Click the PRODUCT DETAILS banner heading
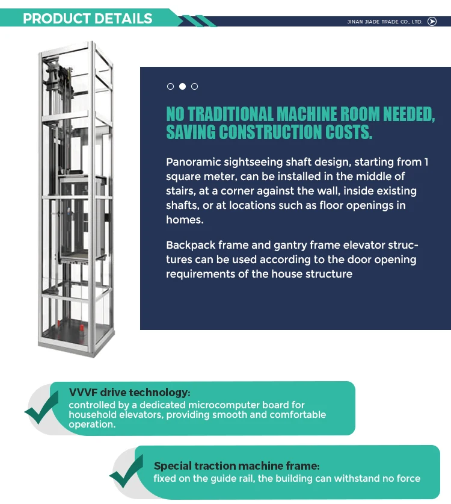pyautogui.click(x=88, y=18)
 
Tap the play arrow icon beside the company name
pyautogui.click(x=432, y=22)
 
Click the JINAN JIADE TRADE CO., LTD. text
pyautogui.click(x=385, y=22)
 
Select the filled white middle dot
pyautogui.click(x=182, y=87)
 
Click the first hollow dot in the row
pyautogui.click(x=171, y=87)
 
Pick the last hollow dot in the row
pyautogui.click(x=194, y=87)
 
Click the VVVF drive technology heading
pyautogui.click(x=129, y=393)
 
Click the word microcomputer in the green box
pyautogui.click(x=230, y=405)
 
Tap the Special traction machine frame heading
pyautogui.click(x=236, y=466)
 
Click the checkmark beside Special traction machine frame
pyautogui.click(x=126, y=472)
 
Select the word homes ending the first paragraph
pyautogui.click(x=185, y=220)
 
